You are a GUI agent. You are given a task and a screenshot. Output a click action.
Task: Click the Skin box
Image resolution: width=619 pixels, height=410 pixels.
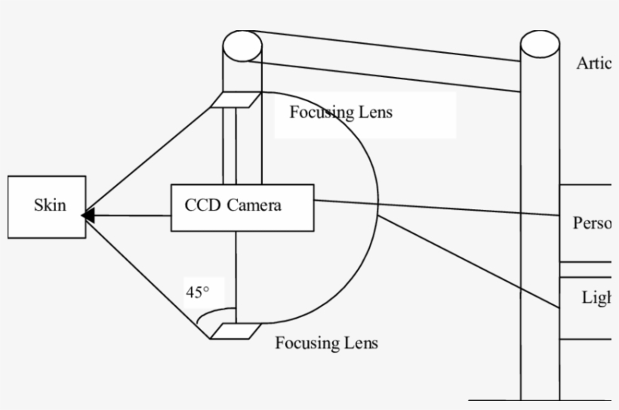(47, 207)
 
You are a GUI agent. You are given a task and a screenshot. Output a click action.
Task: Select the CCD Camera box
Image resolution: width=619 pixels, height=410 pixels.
(237, 207)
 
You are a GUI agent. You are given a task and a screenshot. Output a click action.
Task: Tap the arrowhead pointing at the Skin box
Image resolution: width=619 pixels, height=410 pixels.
(88, 215)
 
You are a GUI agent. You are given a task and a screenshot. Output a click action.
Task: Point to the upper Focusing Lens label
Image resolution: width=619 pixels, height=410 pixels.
(340, 113)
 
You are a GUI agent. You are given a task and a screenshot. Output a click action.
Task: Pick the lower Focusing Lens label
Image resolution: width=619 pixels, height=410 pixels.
(326, 343)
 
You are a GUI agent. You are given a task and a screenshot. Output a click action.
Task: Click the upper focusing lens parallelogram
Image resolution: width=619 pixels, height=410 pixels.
(235, 100)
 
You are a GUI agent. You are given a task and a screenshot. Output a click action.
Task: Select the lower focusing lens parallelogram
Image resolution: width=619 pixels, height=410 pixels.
(235, 330)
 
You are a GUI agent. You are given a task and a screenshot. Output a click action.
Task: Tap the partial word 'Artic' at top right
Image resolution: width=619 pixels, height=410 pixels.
(593, 63)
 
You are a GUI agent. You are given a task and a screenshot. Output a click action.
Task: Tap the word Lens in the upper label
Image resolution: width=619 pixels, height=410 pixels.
(376, 113)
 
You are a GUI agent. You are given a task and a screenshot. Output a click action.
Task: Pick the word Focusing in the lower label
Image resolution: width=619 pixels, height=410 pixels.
(307, 344)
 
